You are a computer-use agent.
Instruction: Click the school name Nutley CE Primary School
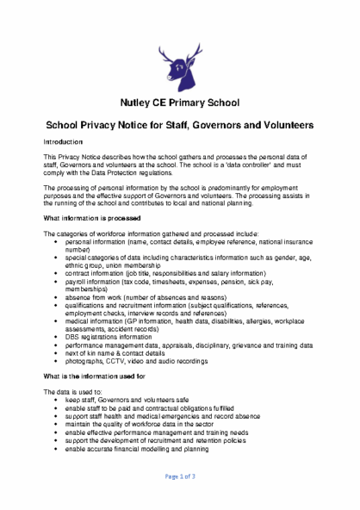click(x=179, y=103)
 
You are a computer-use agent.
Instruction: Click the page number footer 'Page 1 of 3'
click(x=180, y=476)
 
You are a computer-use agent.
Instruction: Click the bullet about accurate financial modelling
click(x=136, y=449)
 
